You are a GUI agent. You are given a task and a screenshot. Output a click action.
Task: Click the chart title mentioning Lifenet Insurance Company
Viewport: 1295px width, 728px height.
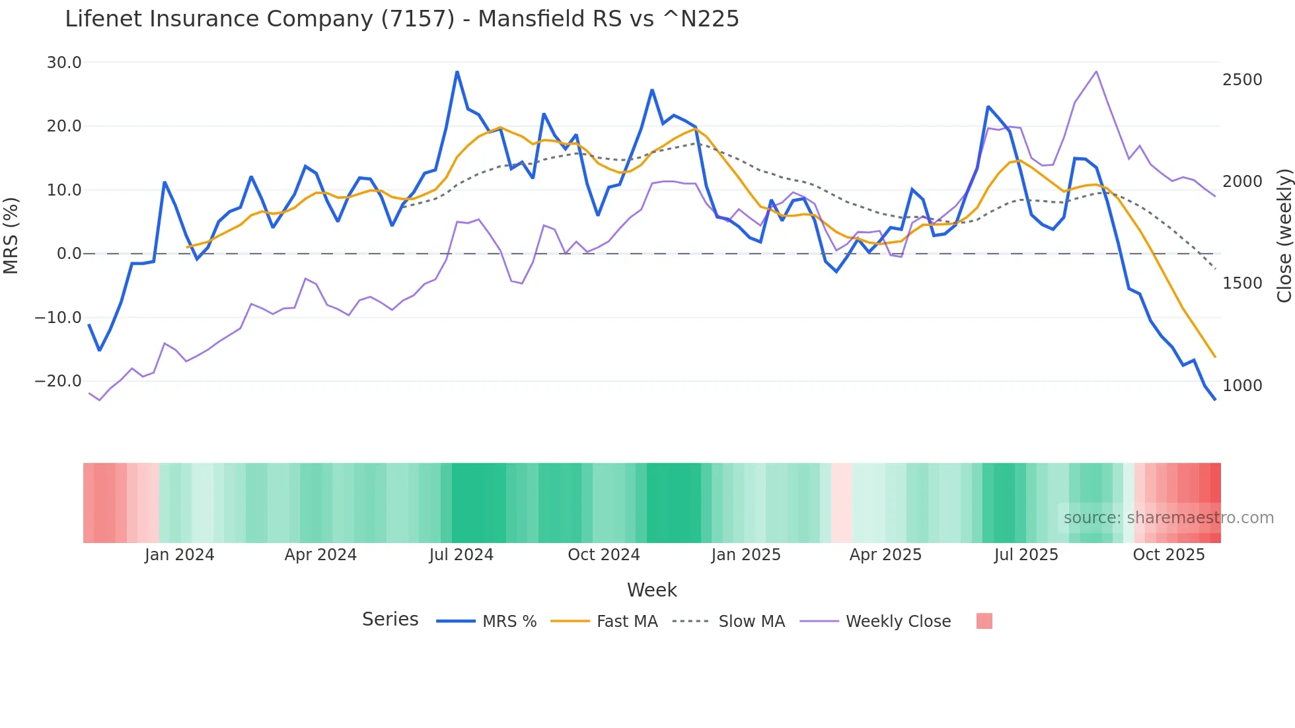402,19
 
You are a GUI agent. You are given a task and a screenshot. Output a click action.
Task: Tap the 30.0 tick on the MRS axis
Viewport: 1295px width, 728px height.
64,63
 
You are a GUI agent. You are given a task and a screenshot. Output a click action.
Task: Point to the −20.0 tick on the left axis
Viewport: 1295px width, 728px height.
58,381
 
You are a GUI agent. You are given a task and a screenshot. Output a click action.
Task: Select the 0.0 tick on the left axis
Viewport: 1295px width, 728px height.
69,254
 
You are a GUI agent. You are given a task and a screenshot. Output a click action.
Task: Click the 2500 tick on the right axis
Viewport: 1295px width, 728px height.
1242,80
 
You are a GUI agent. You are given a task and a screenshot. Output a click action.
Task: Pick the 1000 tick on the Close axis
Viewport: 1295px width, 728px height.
1242,386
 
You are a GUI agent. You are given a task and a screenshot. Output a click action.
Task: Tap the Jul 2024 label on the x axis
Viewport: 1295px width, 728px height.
461,555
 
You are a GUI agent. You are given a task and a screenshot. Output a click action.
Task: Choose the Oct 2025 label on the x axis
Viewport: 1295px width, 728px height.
1169,555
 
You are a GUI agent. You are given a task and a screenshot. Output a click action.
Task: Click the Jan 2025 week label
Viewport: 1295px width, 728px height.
746,555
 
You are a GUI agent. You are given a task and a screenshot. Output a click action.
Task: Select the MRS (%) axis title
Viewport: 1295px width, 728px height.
11,235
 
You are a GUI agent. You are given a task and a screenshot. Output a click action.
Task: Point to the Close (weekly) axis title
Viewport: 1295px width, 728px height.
1284,235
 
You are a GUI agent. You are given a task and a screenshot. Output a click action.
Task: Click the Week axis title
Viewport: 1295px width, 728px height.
651,590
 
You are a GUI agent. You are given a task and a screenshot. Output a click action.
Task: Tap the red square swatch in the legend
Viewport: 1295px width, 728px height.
984,622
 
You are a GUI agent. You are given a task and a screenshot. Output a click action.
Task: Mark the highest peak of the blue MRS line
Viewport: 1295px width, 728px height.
457,72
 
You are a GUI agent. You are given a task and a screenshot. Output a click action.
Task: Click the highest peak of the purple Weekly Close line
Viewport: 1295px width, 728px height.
1096,71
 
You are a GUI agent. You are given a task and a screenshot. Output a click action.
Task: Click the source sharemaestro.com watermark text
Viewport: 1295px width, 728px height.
1168,518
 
